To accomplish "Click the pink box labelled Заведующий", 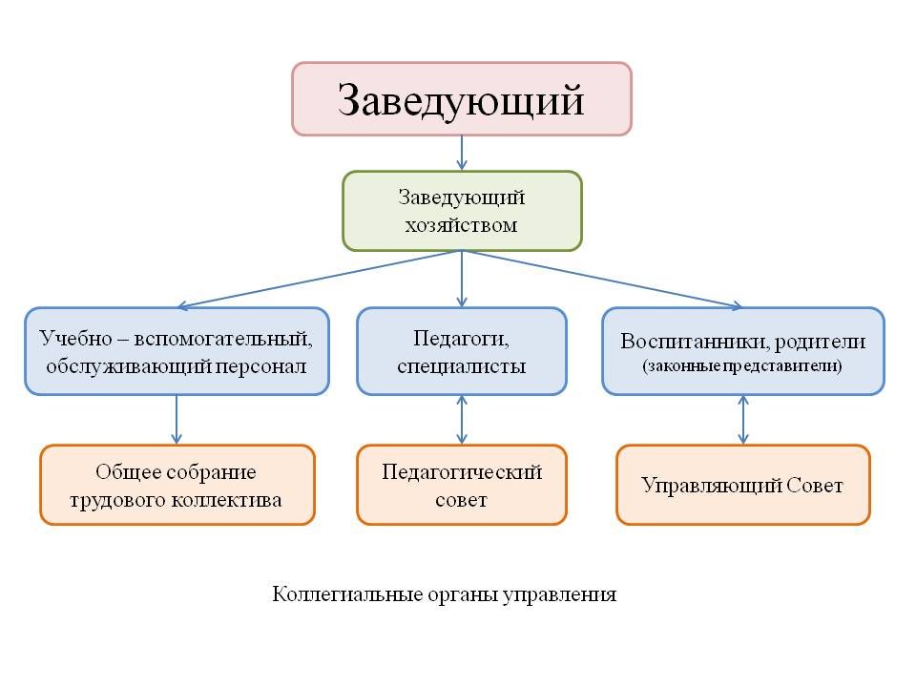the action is pos(462,99).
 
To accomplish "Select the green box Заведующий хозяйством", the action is pos(462,211).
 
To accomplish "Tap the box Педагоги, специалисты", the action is pos(462,351).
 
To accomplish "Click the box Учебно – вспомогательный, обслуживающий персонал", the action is pos(177,351).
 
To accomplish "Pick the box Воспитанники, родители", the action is pos(743,351).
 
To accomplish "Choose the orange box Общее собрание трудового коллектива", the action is pos(177,485).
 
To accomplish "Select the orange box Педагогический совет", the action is pos(462,485).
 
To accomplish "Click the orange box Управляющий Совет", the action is pos(743,485).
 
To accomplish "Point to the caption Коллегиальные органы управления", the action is pos(444,594).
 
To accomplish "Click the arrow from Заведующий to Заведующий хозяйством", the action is pos(462,153).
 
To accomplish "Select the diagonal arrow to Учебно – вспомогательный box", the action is pos(320,280).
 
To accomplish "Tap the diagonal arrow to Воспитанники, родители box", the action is pos(602,280).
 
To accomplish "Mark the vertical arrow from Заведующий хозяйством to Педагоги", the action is pos(462,280).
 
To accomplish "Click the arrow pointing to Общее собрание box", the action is pos(177,420).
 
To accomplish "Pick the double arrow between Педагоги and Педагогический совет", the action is pos(462,420).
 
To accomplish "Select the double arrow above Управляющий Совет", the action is pos(743,420).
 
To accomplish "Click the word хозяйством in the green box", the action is pos(462,225).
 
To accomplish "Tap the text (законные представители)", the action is pos(742,366).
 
